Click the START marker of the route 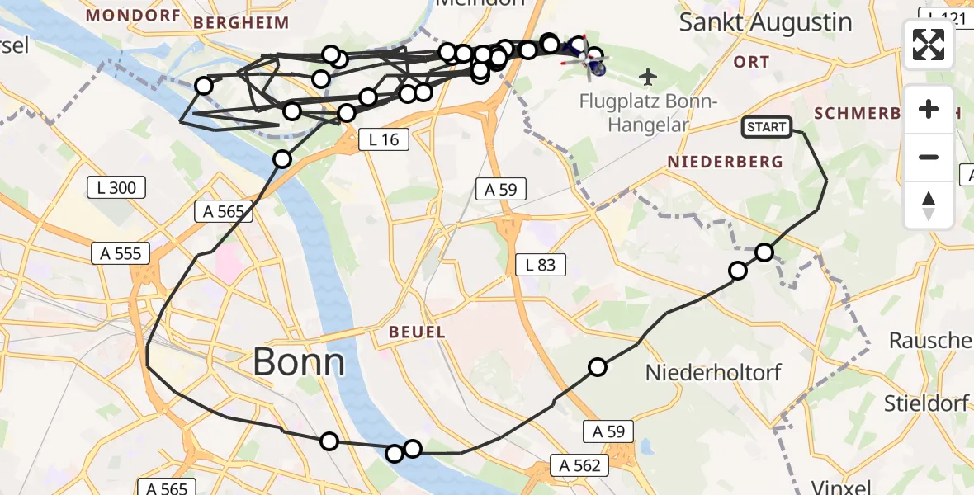(767, 126)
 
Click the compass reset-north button (929, 205)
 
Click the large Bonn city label (298, 361)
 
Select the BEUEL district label (418, 332)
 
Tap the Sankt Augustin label (765, 22)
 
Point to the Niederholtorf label (713, 372)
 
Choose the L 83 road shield (541, 265)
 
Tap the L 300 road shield (116, 188)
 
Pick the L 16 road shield (384, 139)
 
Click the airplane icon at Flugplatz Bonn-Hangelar (649, 78)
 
